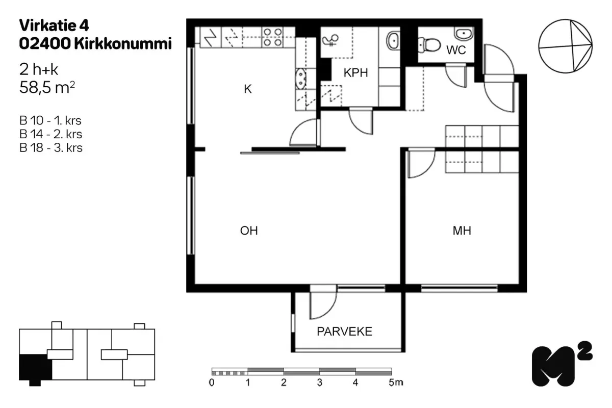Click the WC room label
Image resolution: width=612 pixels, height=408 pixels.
click(x=456, y=50)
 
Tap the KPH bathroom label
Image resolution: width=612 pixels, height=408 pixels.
click(x=356, y=73)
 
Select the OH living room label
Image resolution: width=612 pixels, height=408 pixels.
click(x=249, y=231)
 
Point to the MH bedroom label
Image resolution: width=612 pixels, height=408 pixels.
click(x=462, y=231)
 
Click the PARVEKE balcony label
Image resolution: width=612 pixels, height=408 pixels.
click(x=344, y=331)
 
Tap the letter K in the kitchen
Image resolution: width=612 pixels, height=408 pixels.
click(x=247, y=89)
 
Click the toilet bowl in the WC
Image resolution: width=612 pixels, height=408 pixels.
click(x=429, y=45)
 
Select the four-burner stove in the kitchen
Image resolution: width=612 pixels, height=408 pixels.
click(x=272, y=37)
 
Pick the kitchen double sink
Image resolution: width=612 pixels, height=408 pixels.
click(x=300, y=79)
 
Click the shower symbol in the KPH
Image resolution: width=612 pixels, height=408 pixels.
click(x=330, y=40)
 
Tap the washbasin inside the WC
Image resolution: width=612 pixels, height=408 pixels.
click(x=464, y=34)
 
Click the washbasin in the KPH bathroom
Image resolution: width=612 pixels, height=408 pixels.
click(x=393, y=40)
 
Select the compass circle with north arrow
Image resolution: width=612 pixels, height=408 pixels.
click(x=565, y=46)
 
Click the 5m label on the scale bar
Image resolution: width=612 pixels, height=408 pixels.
click(x=396, y=382)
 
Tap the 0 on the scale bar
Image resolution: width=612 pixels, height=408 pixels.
click(x=212, y=382)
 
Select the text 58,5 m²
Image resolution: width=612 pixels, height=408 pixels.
click(x=47, y=87)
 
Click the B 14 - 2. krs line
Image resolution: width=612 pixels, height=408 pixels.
click(x=51, y=134)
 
